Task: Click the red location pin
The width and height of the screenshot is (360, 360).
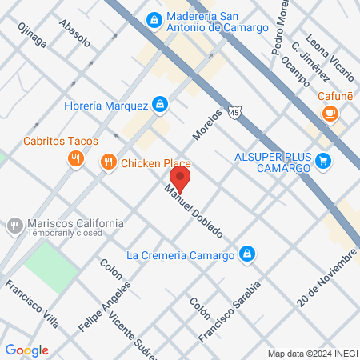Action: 180,177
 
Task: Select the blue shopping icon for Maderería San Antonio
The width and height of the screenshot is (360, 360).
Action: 153,18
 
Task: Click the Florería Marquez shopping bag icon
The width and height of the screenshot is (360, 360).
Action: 161,104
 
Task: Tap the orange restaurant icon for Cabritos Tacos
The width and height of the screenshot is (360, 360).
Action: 74,158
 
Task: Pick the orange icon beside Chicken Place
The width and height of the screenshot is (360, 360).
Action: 109,163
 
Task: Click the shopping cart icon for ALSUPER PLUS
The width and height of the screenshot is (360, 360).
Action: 323,160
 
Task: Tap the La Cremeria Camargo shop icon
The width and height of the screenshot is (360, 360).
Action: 248,254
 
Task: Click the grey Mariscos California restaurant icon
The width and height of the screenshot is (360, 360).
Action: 14,226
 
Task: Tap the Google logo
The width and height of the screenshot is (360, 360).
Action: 27,350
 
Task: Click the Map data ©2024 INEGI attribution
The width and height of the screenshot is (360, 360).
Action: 311,354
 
